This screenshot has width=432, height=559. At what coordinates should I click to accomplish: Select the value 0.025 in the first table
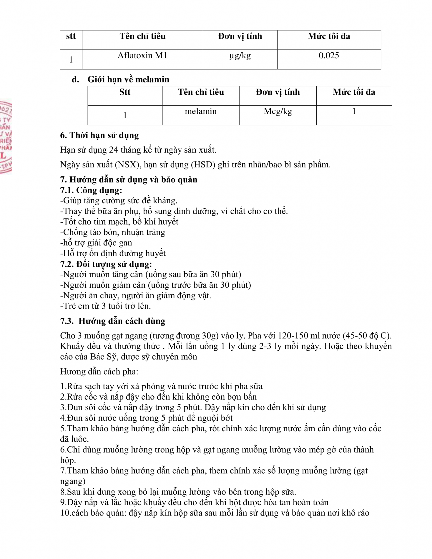pyautogui.click(x=329, y=56)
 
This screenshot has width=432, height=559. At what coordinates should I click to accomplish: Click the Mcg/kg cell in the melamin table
pyautogui.click(x=278, y=112)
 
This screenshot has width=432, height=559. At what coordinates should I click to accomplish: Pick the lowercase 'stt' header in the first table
pyautogui.click(x=71, y=36)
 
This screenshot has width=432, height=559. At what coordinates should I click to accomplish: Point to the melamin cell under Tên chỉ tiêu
pyautogui.click(x=201, y=112)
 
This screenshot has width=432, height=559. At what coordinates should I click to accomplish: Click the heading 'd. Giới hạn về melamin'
pyautogui.click(x=121, y=79)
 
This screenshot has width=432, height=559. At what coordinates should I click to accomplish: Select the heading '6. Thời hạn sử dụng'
pyautogui.click(x=99, y=135)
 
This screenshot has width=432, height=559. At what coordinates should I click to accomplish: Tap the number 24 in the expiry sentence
pyautogui.click(x=114, y=150)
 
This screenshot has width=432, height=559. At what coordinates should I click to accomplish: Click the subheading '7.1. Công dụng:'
pyautogui.click(x=91, y=190)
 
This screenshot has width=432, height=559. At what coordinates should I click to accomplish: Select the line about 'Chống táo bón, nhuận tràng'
pyautogui.click(x=113, y=232)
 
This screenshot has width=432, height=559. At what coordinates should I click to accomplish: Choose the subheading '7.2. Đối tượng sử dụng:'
pyautogui.click(x=106, y=264)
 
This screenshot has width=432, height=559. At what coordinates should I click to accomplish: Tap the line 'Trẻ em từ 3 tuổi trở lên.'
pyautogui.click(x=106, y=306)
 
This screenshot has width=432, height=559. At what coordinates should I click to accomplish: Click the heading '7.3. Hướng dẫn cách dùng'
pyautogui.click(x=113, y=321)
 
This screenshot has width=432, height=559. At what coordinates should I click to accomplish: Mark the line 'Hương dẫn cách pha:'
pyautogui.click(x=99, y=372)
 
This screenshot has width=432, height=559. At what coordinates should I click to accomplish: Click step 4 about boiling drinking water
pyautogui.click(x=147, y=418)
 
